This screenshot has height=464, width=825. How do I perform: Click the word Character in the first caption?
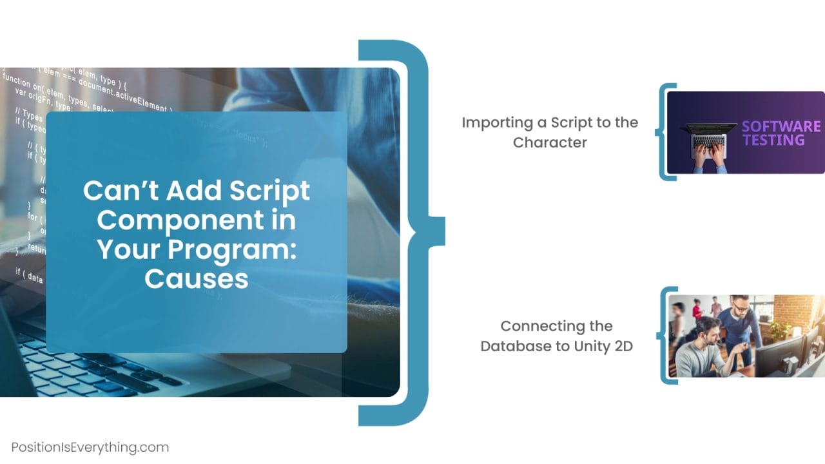[x=550, y=142]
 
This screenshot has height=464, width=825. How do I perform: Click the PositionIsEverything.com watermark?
[x=90, y=447]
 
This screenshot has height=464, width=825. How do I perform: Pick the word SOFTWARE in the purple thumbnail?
[x=781, y=126]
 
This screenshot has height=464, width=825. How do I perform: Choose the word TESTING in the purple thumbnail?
[x=773, y=140]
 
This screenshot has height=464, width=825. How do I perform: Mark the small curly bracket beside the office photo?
[x=664, y=335]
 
